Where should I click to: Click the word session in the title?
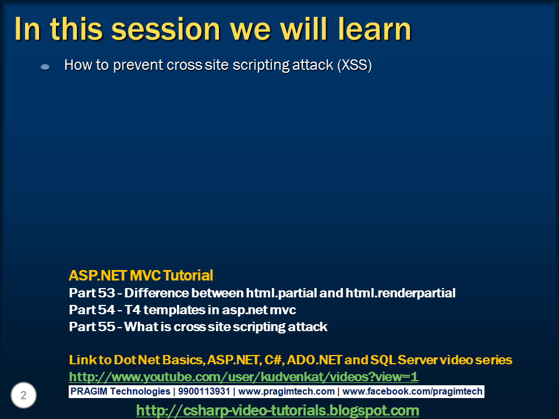pos(166,29)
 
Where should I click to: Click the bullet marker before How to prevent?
pos(45,67)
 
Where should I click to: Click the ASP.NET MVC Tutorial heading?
pos(141,275)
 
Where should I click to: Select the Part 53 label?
pos(92,293)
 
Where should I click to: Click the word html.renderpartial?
pos(401,293)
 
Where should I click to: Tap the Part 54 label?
pos(92,310)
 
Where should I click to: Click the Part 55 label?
pos(92,326)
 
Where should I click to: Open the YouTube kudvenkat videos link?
pos(243,377)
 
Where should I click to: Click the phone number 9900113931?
pos(204,392)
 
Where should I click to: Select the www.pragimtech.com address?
pos(286,392)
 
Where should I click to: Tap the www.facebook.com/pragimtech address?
pos(412,392)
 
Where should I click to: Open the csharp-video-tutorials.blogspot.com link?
pos(277,410)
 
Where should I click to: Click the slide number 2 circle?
pos(23,395)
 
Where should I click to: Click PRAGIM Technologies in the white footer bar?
pos(120,392)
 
